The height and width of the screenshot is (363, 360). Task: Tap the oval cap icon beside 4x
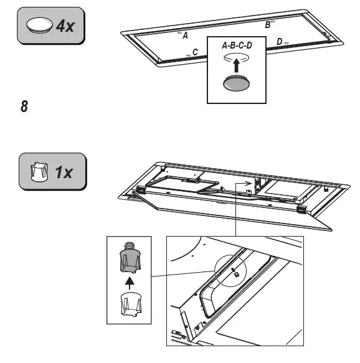click(40, 26)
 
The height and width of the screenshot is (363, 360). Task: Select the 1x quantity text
click(64, 171)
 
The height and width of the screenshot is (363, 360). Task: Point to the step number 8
click(24, 106)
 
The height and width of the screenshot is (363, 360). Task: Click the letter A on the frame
click(184, 35)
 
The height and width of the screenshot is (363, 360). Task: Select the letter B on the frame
click(268, 25)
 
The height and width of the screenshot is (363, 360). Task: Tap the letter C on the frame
click(195, 52)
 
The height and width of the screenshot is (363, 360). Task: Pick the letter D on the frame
click(279, 42)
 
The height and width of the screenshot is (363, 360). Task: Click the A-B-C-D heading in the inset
click(237, 45)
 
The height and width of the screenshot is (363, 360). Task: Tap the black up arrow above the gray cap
click(236, 67)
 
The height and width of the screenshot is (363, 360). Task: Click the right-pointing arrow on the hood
click(249, 184)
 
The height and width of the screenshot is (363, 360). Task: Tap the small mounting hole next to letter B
click(274, 21)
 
